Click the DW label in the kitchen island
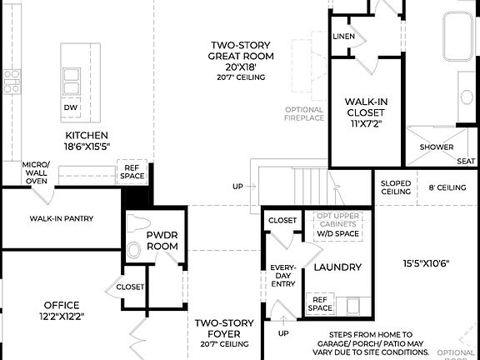70,107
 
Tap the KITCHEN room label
87,140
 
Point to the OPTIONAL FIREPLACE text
304,113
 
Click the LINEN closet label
343,37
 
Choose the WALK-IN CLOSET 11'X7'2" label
367,112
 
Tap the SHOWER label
436,147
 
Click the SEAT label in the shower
467,160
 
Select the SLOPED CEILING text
395,187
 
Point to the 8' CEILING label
447,187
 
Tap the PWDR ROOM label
162,241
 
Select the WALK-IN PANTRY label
62,219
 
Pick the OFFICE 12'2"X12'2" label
61,310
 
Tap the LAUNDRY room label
337,267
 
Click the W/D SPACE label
337,234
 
